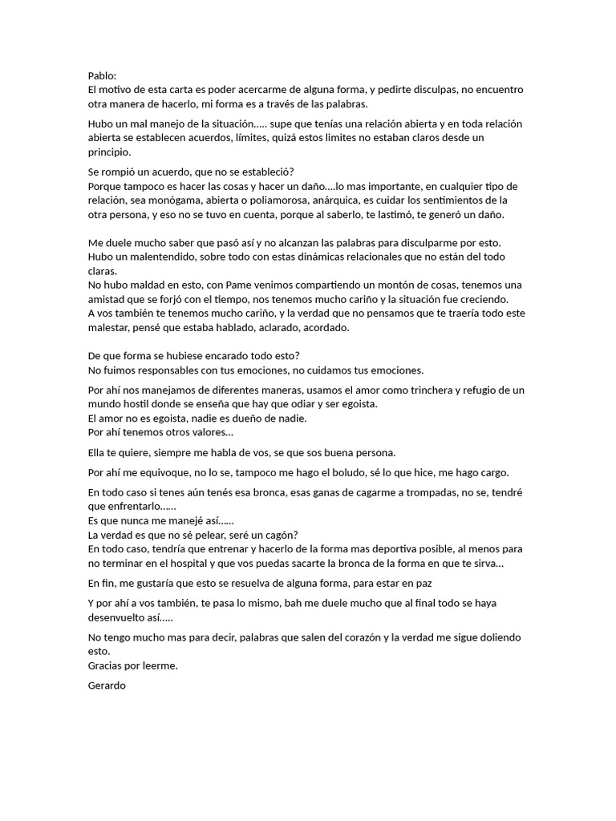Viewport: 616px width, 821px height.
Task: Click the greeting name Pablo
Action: (x=102, y=75)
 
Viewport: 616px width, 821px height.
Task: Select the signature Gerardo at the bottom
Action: (x=107, y=686)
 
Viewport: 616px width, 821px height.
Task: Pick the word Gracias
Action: (x=107, y=665)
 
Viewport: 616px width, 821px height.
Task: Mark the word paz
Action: (x=433, y=583)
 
